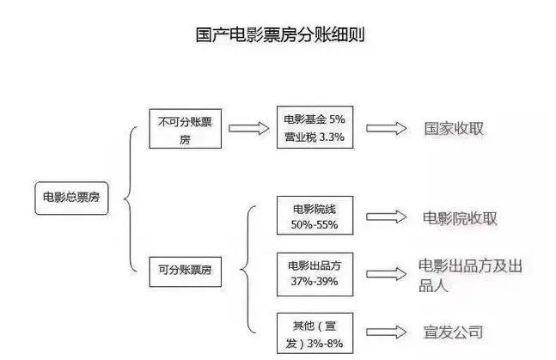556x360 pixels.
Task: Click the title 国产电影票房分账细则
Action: click(278, 37)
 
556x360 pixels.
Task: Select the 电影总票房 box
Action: click(71, 197)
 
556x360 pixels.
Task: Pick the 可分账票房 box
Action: click(185, 271)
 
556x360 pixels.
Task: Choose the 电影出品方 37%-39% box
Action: click(314, 272)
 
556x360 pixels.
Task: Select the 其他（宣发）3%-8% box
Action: click(313, 333)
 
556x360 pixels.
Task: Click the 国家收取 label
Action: click(454, 128)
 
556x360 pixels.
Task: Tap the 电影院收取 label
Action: click(461, 218)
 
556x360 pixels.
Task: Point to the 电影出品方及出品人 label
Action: click(469, 276)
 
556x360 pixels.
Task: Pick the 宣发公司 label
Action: click(454, 332)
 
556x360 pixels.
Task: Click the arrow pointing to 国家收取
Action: click(385, 128)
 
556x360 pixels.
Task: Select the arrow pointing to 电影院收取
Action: click(385, 217)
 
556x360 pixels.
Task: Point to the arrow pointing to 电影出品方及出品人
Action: click(385, 272)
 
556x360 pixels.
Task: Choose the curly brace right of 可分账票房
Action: click(247, 270)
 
